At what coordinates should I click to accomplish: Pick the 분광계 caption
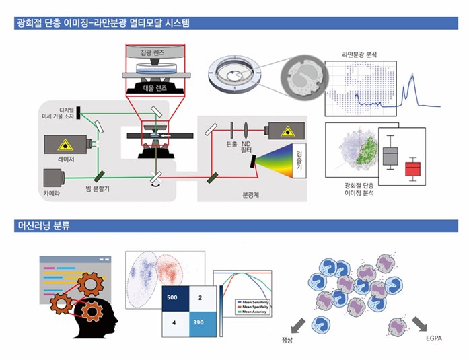[250, 195]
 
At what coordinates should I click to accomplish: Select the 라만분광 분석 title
[361, 54]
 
